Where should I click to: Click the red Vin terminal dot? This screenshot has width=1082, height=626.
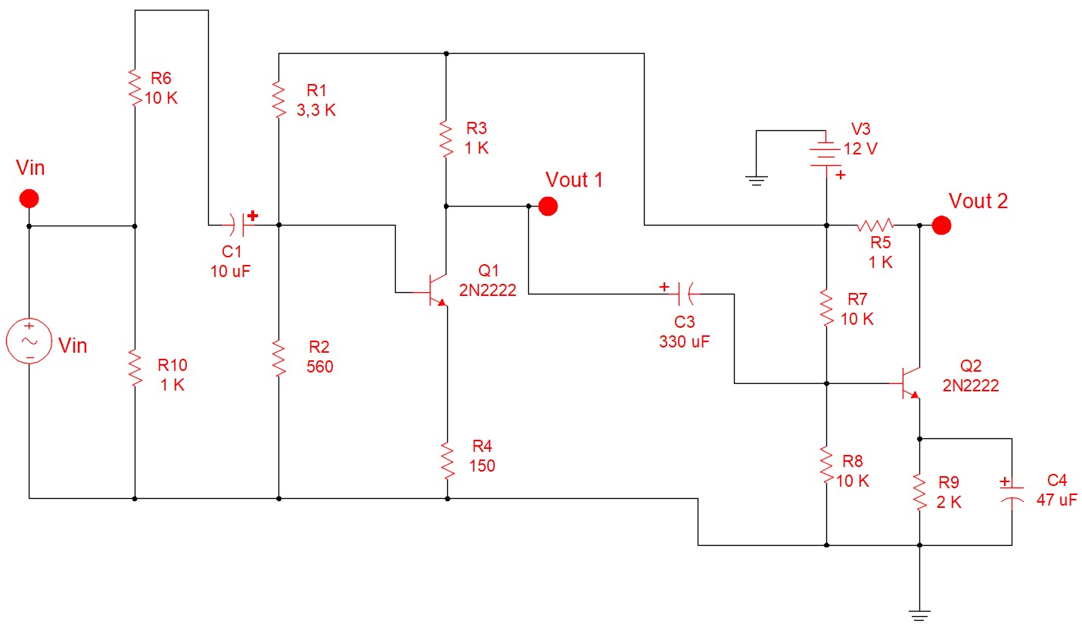click(29, 199)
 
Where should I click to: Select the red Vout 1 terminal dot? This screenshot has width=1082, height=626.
click(548, 205)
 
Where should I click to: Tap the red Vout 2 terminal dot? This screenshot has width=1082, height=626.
click(941, 225)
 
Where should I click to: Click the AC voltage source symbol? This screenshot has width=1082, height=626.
click(29, 341)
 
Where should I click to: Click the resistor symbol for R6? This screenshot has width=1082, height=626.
click(135, 88)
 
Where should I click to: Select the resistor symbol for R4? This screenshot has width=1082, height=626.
click(447, 460)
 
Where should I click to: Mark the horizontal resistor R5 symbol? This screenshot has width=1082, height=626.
click(875, 225)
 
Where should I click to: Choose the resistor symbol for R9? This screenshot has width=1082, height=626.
click(919, 492)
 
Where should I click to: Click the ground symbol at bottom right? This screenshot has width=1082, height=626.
click(919, 614)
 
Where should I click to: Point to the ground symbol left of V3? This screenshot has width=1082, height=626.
click(756, 180)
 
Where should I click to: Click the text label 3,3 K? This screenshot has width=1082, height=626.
click(316, 111)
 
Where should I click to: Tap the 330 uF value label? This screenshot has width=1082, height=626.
click(684, 341)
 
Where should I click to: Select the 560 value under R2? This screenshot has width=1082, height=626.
click(319, 366)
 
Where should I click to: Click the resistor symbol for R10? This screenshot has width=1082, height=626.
click(135, 368)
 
